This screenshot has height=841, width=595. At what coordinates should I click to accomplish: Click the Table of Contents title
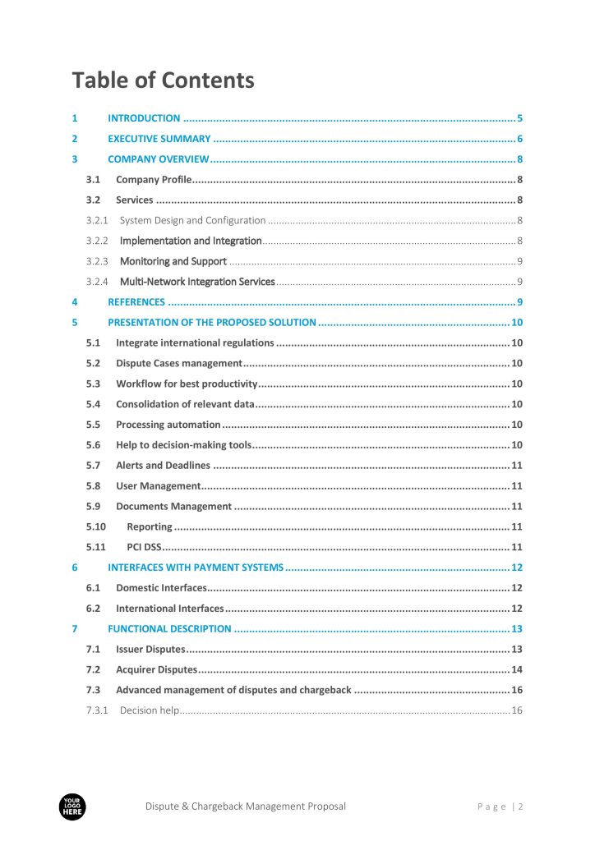tap(163, 80)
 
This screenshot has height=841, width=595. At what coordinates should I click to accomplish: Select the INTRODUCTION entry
tap(144, 118)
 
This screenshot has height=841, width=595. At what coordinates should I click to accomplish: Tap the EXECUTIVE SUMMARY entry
tap(159, 139)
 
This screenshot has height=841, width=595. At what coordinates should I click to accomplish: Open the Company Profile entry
tap(154, 180)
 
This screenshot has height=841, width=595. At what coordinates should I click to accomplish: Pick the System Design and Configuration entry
tap(192, 220)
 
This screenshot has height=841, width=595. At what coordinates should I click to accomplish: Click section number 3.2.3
tap(97, 261)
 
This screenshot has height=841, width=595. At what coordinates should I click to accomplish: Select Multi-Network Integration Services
tap(197, 282)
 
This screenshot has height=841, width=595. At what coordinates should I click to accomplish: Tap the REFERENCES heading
tap(136, 302)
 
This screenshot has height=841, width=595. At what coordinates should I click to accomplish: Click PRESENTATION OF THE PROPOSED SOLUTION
tap(212, 323)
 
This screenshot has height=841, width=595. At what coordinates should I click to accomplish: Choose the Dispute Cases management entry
tap(178, 363)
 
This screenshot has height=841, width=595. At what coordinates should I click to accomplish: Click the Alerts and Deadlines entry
tap(163, 466)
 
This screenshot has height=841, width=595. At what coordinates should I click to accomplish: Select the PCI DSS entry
tap(144, 547)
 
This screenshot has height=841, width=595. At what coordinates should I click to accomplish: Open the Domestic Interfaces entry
tap(161, 588)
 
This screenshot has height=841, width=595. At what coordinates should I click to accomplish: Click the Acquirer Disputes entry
tap(156, 669)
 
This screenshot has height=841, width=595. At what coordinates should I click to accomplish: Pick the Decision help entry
tap(149, 710)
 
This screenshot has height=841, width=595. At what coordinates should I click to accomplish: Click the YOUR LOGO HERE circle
tap(72, 807)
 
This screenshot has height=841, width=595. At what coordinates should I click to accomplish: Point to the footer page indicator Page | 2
tap(500, 807)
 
